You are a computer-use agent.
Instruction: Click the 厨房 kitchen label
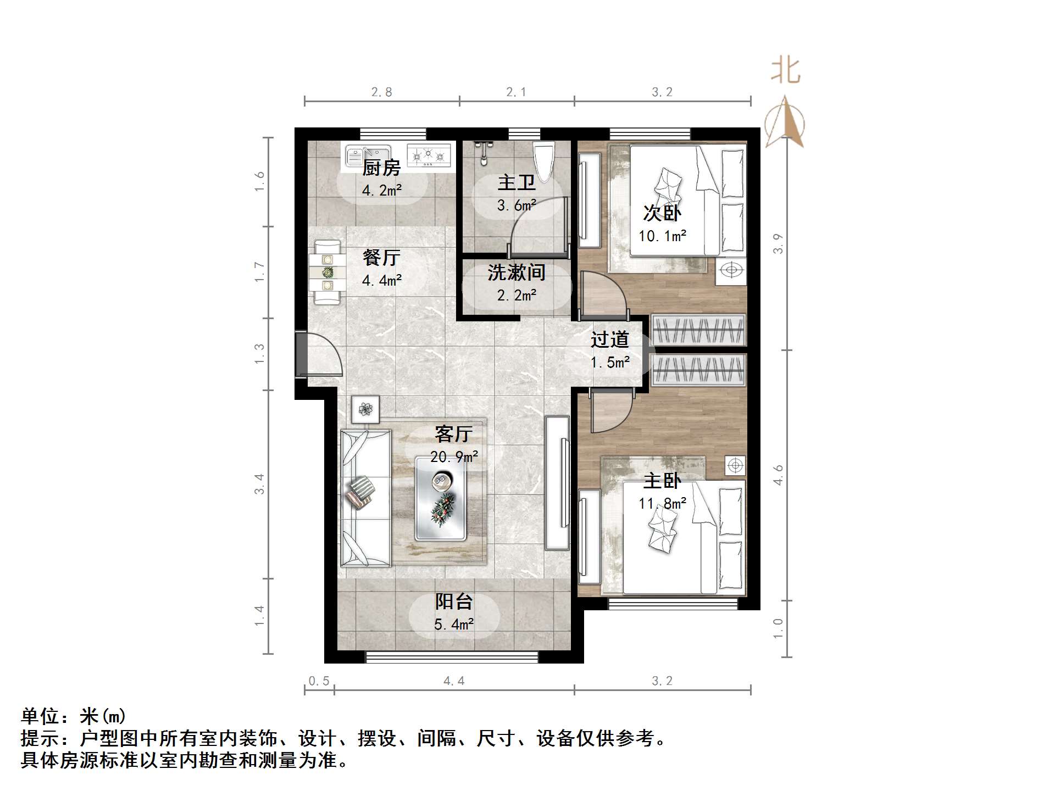pos(381,168)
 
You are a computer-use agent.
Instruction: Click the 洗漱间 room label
pos(516,272)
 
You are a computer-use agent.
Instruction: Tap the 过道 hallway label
pos(609,340)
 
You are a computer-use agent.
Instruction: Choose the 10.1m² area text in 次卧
pos(662,236)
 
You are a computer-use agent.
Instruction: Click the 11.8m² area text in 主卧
pos(662,503)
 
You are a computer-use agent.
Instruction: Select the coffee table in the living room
pos(441,498)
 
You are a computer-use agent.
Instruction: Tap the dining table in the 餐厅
pos(327,272)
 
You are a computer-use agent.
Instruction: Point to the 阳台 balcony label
pos(454,602)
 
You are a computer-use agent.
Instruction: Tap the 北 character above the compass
pos(785,71)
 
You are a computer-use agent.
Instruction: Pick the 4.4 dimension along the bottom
pos(454,681)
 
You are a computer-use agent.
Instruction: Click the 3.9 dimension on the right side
pos(778,243)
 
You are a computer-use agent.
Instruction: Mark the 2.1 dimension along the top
pos(516,92)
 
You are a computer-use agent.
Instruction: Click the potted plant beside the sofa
pos(365,409)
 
